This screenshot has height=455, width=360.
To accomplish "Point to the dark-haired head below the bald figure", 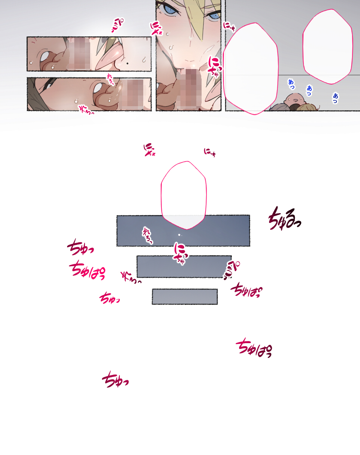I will click(x=294, y=108).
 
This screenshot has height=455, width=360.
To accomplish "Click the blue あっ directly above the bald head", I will click(x=291, y=84).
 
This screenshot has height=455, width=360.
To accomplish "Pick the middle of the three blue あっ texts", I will click(x=310, y=90).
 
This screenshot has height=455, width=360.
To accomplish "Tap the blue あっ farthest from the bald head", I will click(x=335, y=98).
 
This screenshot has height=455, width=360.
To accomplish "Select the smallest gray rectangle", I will click(x=185, y=297).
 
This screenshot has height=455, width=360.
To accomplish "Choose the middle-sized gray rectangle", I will click(x=184, y=267).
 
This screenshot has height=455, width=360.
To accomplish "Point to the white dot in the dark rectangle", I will click(x=179, y=235).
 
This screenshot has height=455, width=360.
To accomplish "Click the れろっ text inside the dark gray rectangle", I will click(x=147, y=235).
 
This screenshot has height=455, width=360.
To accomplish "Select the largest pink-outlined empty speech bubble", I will click(x=250, y=68).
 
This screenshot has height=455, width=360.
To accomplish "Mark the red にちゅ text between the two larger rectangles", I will click(x=180, y=253).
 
